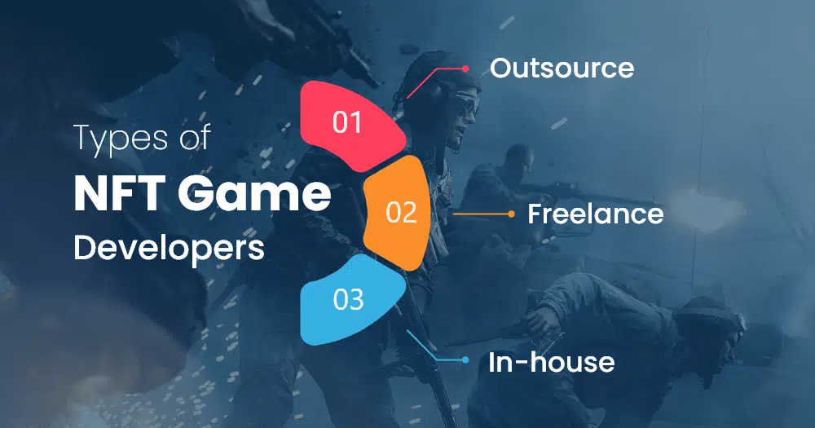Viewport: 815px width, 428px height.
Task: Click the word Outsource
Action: click(x=562, y=68)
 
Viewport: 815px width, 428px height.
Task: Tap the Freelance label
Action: click(x=596, y=214)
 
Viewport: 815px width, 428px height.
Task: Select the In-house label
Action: click(x=552, y=362)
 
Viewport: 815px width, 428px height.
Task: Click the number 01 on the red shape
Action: click(x=347, y=122)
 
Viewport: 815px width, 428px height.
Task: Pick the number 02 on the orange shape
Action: click(x=401, y=212)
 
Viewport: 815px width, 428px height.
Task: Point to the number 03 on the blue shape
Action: click(x=348, y=299)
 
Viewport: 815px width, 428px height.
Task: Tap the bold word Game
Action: click(x=253, y=193)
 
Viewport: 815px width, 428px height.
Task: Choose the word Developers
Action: click(x=169, y=248)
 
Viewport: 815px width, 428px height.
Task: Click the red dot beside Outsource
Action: click(x=465, y=68)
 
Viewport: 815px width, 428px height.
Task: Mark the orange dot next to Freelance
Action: click(x=512, y=214)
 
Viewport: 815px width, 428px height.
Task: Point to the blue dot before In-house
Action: click(x=465, y=360)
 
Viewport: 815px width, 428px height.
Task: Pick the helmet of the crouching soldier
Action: click(x=713, y=317)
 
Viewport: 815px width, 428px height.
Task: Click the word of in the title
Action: click(x=195, y=137)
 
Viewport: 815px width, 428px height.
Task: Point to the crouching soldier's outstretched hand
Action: click(x=539, y=320)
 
